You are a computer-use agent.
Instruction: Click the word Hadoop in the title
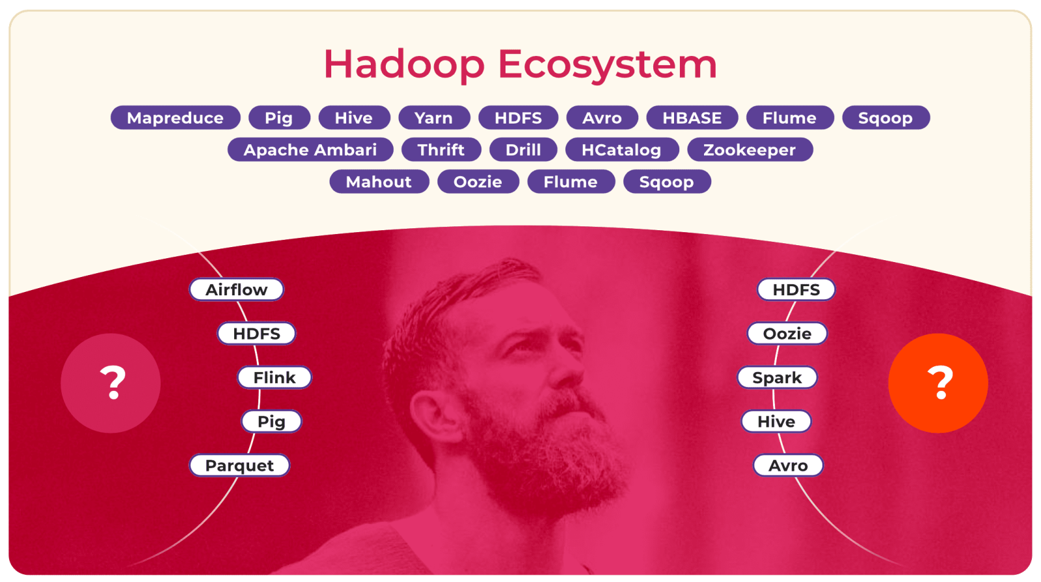click(404, 65)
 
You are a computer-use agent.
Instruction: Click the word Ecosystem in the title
click(608, 65)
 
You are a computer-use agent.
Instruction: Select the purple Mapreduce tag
click(175, 118)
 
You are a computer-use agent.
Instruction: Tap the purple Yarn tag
click(434, 118)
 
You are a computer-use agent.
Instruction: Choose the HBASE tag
click(692, 118)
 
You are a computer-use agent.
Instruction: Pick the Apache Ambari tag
click(310, 150)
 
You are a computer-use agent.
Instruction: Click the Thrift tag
click(441, 150)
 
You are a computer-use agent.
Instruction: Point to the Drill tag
click(523, 150)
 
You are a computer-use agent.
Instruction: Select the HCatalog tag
click(622, 150)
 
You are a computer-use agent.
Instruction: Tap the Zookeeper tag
click(750, 150)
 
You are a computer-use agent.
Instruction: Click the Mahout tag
click(379, 181)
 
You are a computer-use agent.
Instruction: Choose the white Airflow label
click(237, 289)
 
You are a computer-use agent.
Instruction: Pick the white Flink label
click(274, 377)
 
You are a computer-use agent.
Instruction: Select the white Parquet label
click(239, 465)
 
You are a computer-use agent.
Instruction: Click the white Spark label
click(777, 377)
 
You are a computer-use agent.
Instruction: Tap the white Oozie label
click(787, 333)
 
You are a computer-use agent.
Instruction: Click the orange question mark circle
click(938, 383)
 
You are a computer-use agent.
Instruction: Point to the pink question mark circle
click(111, 383)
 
